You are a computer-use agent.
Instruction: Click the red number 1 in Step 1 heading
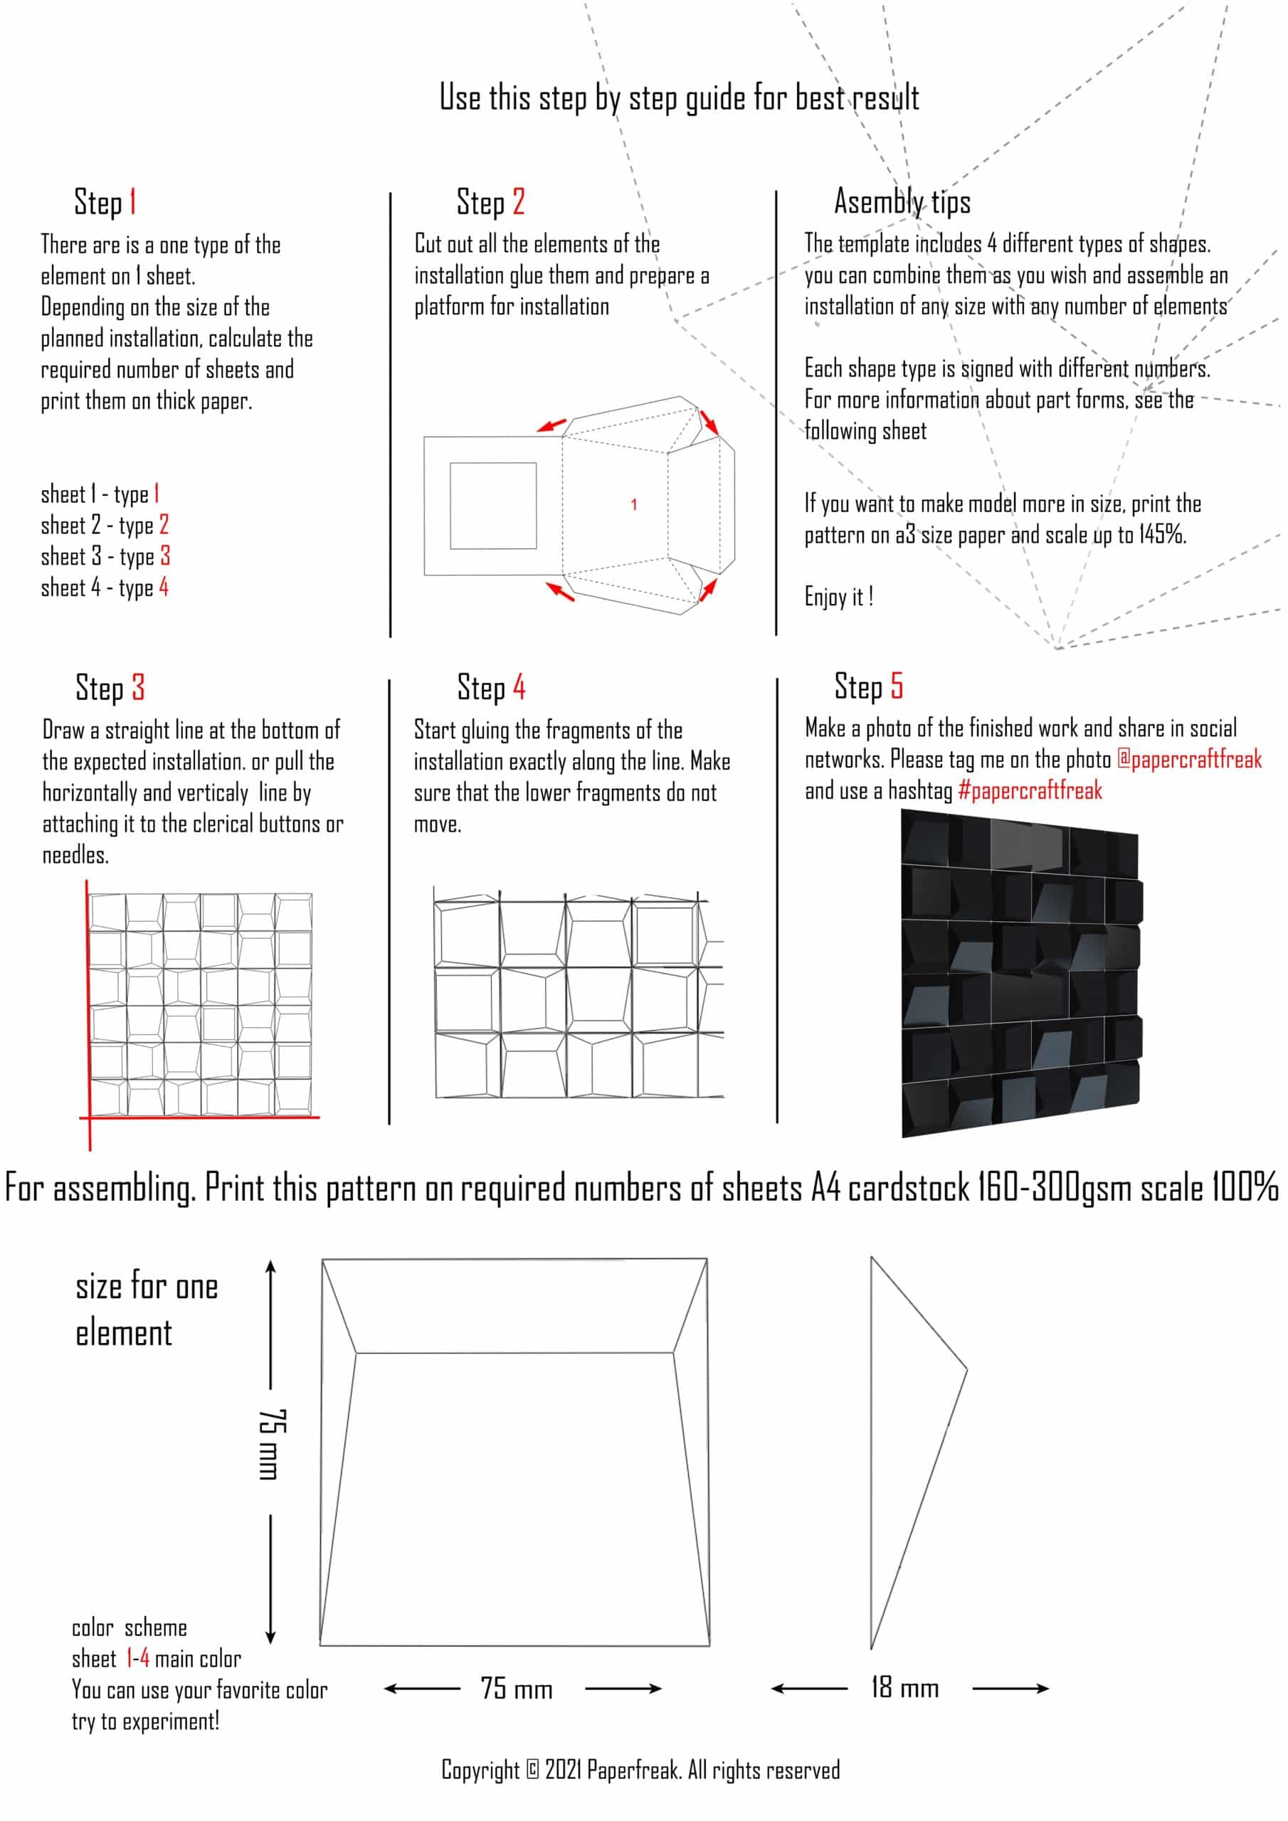tap(132, 201)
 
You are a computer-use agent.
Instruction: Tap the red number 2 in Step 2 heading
tap(518, 201)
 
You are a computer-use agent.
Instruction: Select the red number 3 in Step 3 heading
tap(138, 688)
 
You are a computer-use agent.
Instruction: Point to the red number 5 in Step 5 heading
tap(897, 686)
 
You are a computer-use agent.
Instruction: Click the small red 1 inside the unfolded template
tap(633, 504)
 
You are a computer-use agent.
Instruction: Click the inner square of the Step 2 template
tap(493, 506)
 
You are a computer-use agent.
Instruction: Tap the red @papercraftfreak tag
tap(1189, 760)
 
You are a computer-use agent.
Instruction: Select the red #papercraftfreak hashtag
tap(1030, 791)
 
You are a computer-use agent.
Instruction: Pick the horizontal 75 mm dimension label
tap(516, 1688)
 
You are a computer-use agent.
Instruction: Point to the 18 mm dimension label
tap(904, 1687)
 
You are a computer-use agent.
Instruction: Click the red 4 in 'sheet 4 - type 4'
tap(164, 588)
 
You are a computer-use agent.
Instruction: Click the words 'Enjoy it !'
tap(839, 598)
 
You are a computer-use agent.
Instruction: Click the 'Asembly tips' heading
tap(902, 202)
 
